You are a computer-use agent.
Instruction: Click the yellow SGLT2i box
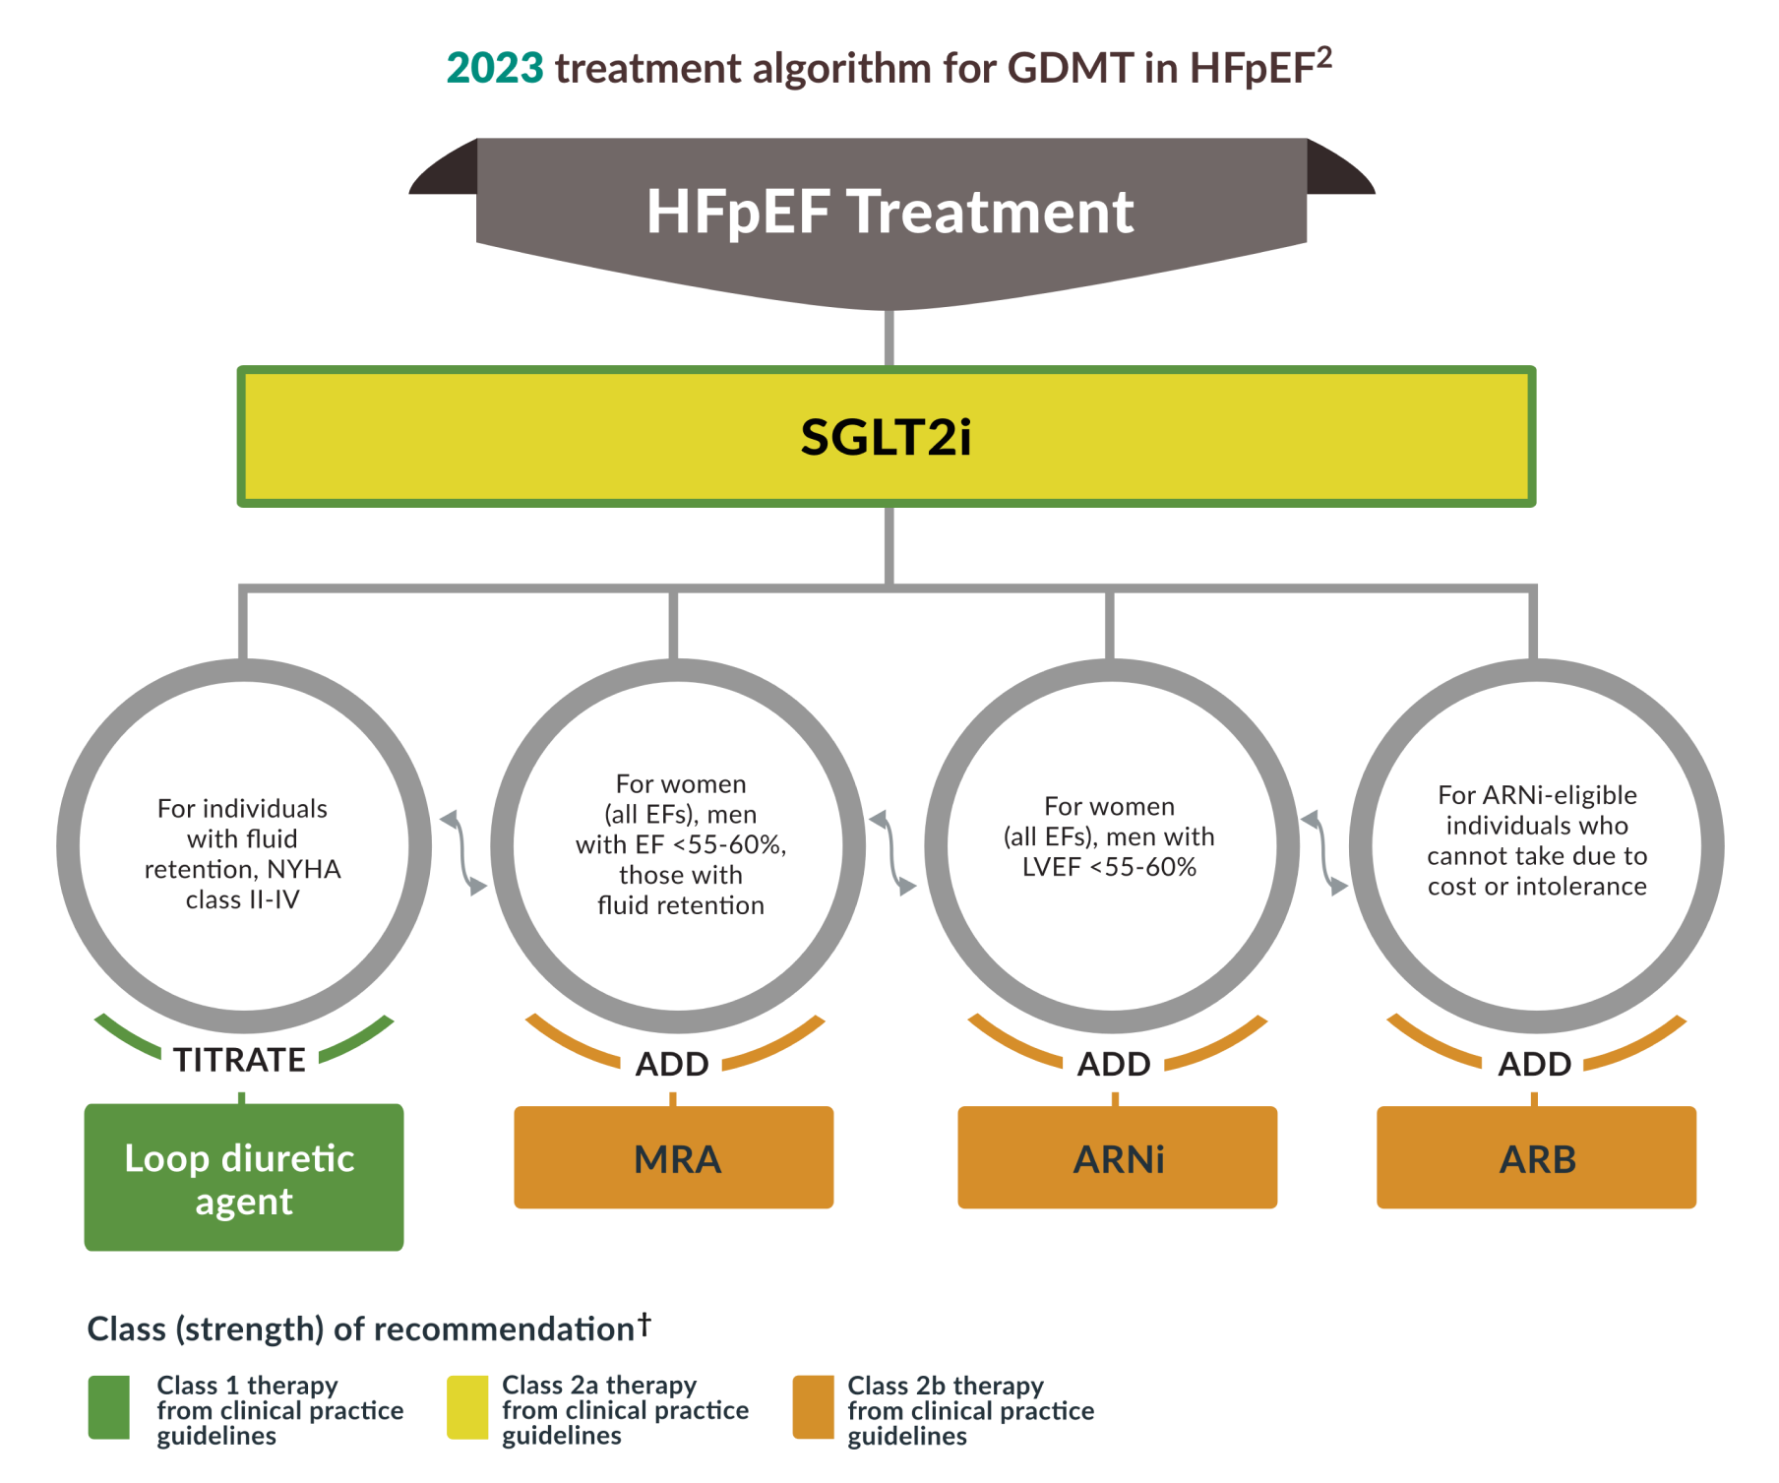886,437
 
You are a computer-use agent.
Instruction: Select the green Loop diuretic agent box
243,1177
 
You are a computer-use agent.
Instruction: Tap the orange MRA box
674,1158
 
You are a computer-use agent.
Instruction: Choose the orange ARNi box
1117,1158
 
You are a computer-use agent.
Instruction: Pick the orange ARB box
1536,1158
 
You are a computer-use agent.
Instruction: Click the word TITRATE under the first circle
239,1060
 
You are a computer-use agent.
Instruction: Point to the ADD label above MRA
672,1064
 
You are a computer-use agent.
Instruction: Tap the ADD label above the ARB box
1534,1064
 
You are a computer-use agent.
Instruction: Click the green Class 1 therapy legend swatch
108,1408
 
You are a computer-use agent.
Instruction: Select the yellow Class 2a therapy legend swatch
467,1408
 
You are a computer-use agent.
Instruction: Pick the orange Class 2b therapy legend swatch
814,1408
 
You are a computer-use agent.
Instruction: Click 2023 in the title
494,68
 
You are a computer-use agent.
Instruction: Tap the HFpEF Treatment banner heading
889,212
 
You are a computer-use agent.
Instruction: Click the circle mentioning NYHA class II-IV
243,846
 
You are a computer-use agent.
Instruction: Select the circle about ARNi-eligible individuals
1536,846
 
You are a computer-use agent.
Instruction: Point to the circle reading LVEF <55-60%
1110,846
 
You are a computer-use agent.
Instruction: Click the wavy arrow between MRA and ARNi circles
892,852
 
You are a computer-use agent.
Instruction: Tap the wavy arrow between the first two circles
462,852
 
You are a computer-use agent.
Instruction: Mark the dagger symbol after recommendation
644,1324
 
